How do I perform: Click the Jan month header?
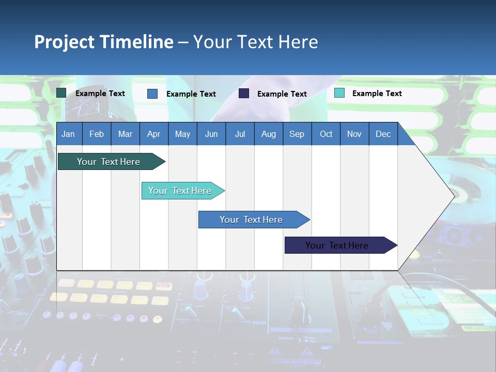click(x=68, y=134)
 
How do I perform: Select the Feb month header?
click(x=97, y=134)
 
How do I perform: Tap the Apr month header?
click(x=154, y=134)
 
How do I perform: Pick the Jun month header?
click(x=211, y=134)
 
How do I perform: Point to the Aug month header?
click(x=269, y=134)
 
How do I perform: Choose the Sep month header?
click(x=297, y=134)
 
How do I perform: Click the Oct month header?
click(x=326, y=134)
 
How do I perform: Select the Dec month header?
click(x=383, y=134)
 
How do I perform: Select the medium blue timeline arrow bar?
click(x=252, y=220)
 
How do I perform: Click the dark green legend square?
click(x=61, y=93)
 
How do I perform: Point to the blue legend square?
click(x=152, y=94)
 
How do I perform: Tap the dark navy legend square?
click(x=244, y=94)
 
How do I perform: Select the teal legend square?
click(x=339, y=93)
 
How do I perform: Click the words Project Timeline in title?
click(x=104, y=42)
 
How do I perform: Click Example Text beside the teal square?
click(x=377, y=94)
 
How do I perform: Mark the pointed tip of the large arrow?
click(x=454, y=196)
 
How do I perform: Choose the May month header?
click(x=182, y=134)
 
